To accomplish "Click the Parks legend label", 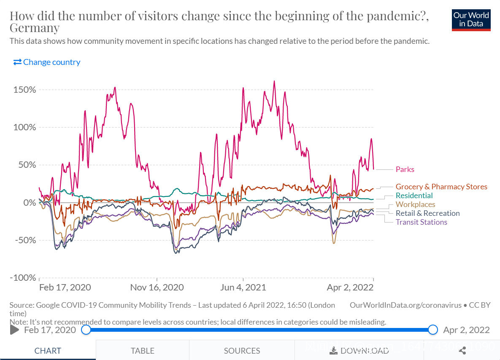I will (405, 169).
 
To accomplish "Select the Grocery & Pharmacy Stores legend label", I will (441, 187).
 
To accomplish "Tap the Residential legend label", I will (414, 196).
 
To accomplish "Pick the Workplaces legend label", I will (415, 204).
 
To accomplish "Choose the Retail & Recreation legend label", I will (427, 213).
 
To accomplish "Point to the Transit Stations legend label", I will (421, 222).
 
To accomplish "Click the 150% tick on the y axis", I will (24, 90).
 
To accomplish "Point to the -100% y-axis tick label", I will (23, 278).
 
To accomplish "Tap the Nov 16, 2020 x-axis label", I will (157, 287).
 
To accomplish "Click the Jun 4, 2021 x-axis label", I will (243, 287).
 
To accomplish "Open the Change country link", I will (47, 62).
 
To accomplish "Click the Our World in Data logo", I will (471, 20).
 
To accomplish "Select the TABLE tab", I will (142, 351).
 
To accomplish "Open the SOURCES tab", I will (242, 351).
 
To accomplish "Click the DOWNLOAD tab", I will (359, 351).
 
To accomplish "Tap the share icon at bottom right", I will (462, 351).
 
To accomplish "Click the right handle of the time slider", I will (433, 330).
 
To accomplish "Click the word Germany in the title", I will (35, 28).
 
